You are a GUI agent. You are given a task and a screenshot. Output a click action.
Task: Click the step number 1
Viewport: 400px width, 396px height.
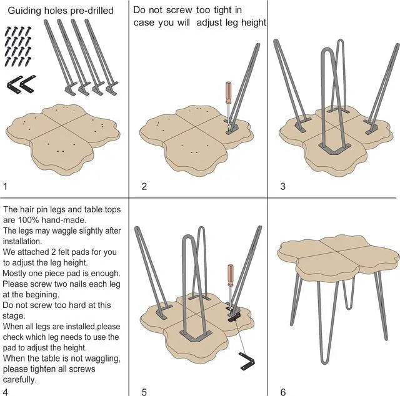(6, 186)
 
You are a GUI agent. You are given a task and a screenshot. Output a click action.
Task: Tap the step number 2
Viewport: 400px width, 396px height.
(144, 186)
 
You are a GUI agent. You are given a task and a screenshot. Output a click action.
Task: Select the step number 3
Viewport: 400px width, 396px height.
(282, 186)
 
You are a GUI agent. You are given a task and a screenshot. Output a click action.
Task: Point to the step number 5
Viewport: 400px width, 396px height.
(144, 392)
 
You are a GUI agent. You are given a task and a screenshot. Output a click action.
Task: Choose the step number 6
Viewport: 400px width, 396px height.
(283, 392)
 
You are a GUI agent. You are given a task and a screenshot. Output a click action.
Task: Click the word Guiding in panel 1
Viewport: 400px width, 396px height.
(24, 11)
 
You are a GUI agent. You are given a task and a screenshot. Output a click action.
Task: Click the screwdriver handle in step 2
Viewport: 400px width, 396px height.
(229, 92)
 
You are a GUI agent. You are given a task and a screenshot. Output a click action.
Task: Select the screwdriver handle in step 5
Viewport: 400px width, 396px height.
(230, 275)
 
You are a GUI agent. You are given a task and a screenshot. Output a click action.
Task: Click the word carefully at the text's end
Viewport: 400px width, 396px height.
(19, 380)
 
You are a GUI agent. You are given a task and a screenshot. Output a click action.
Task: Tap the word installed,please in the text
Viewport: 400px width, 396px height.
(93, 327)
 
